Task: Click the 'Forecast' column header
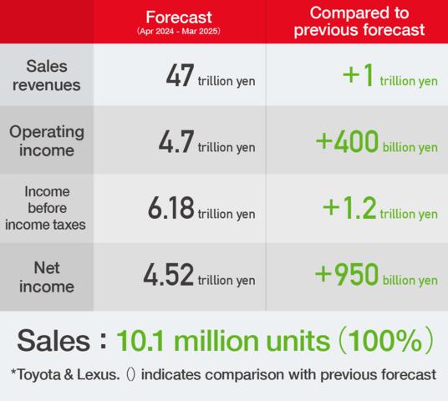coord(179,18)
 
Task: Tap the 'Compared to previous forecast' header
coord(359,22)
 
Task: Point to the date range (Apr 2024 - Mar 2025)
coord(179,31)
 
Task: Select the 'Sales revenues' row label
coord(47,76)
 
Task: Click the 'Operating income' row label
coord(47,141)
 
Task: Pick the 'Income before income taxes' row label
coord(46,208)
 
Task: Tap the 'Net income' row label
coord(47,277)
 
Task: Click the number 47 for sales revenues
coord(180,75)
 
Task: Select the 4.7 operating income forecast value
coord(176,141)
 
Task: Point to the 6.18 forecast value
coord(171,208)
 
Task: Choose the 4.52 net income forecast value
coord(169,274)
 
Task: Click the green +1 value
coord(358,75)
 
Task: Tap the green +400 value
coord(347,141)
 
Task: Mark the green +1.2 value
coord(349,208)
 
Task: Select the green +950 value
coord(347,274)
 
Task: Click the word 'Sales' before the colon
coord(53,341)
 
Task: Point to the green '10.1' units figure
coord(140,341)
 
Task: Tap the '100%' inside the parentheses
coord(384,341)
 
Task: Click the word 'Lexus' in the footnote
coord(98,374)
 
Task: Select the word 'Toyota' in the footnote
coord(38,375)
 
